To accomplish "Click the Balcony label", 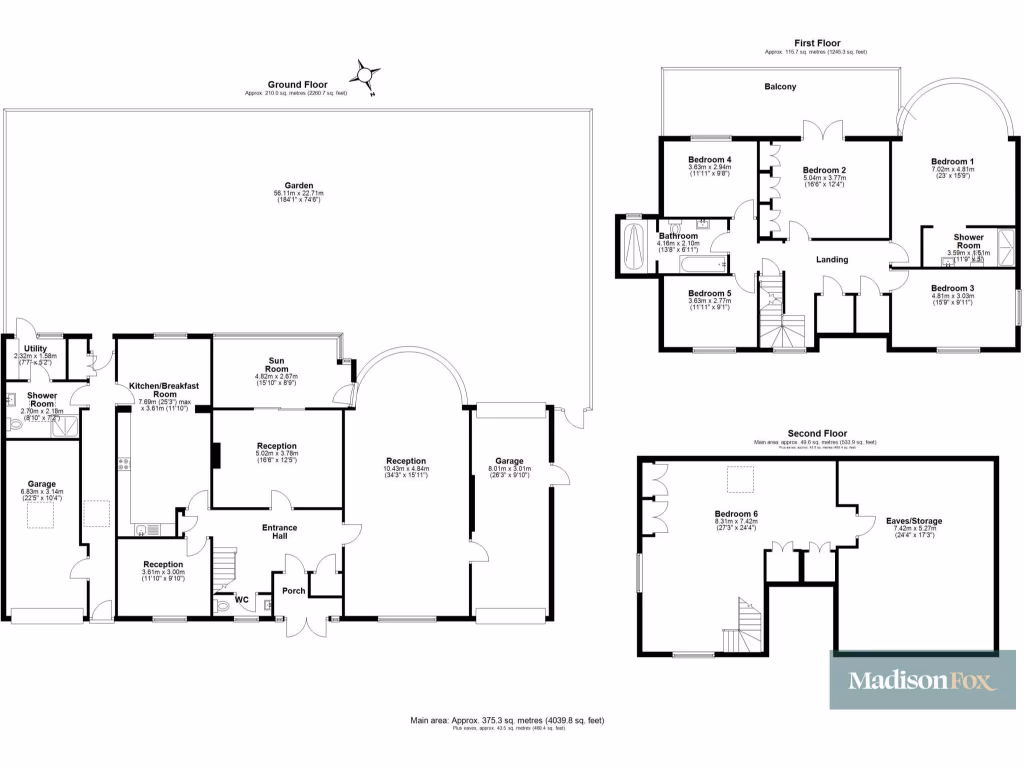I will (781, 87).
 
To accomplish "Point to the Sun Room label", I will (277, 361).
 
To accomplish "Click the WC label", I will (240, 600).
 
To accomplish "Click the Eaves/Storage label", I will (914, 521).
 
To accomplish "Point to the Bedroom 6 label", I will (736, 514).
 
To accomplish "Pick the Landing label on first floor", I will (832, 260).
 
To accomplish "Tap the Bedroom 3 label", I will (952, 288).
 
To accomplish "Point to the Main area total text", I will (507, 720).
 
